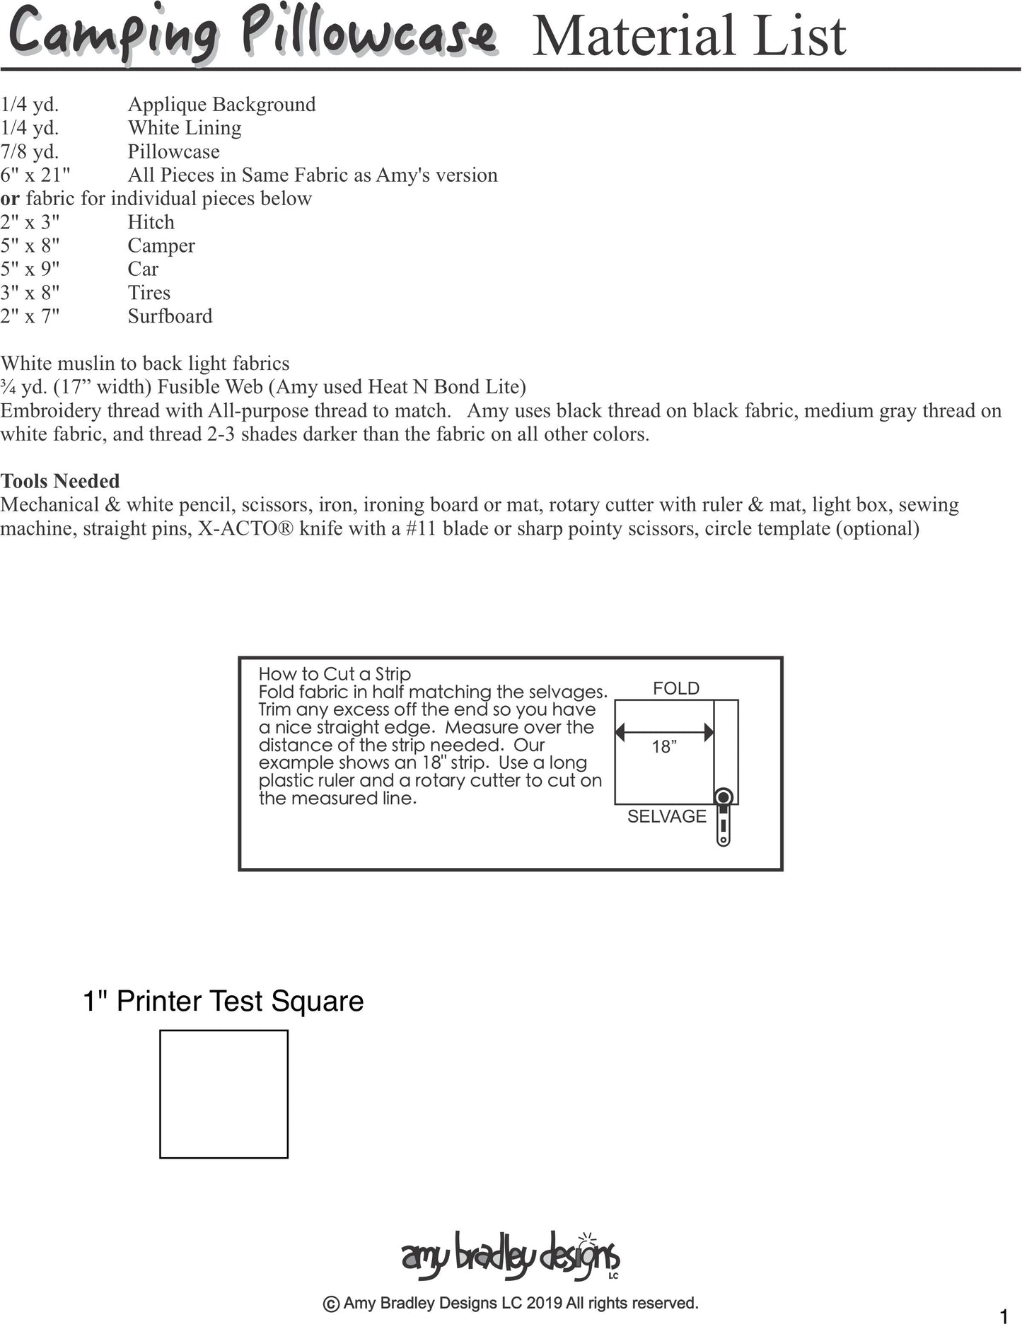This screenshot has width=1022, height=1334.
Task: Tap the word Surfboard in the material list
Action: tap(170, 316)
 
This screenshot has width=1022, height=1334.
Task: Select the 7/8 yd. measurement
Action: tap(30, 151)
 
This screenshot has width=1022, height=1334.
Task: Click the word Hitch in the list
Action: tap(151, 222)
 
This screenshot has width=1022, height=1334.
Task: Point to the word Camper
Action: tap(161, 245)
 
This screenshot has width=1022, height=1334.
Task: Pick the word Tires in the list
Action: tap(149, 293)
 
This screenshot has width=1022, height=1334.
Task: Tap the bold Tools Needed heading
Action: tap(60, 481)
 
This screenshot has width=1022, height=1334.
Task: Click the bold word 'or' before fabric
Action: tap(10, 199)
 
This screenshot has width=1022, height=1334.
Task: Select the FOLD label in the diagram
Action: tap(676, 688)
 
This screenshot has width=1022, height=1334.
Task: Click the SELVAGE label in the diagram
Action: tap(667, 816)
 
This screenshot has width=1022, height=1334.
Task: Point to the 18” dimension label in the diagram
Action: tap(664, 747)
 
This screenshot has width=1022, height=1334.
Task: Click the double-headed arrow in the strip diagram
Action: tap(664, 732)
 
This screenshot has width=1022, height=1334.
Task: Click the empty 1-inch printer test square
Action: tap(223, 1094)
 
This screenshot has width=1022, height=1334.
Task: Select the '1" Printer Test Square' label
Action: tap(223, 1001)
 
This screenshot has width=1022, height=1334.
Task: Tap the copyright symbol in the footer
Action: tap(330, 1304)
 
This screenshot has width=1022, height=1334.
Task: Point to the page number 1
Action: tap(1004, 1317)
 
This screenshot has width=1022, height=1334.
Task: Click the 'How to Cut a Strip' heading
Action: tap(335, 674)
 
